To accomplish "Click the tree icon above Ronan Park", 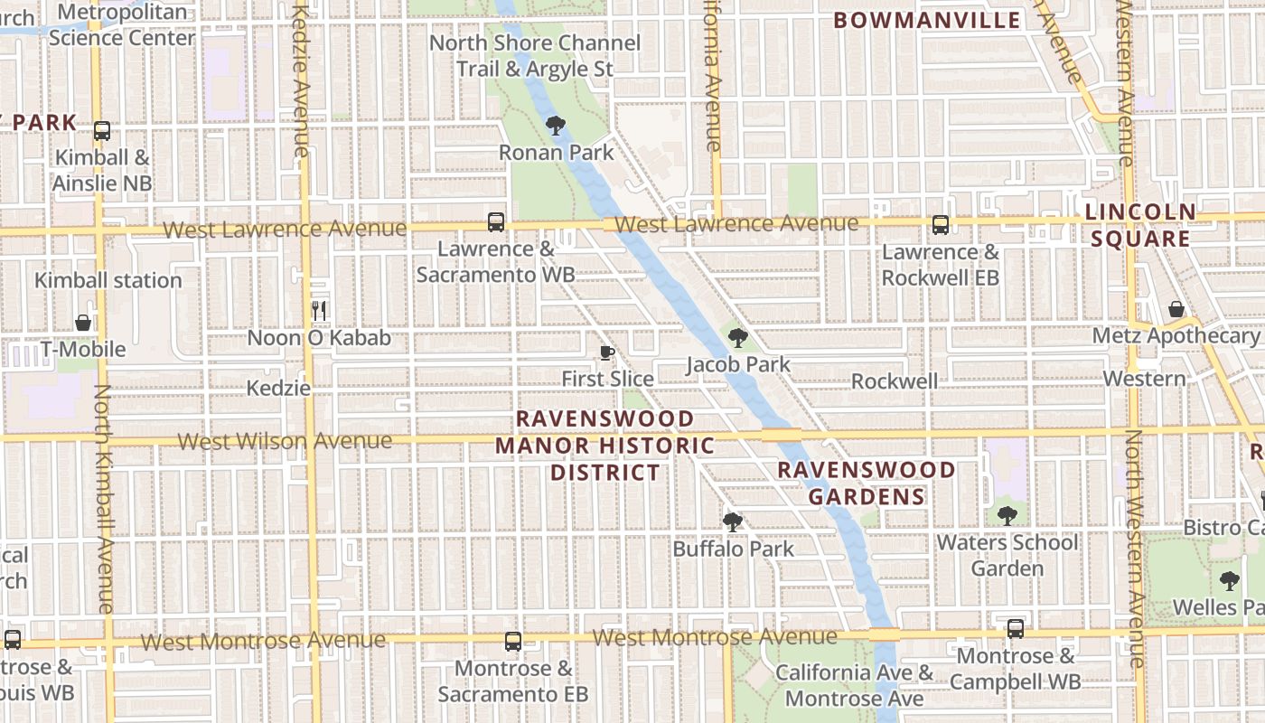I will pyautogui.click(x=556, y=126).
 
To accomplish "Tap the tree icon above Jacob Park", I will pyautogui.click(x=738, y=339).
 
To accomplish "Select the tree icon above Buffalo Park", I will pyautogui.click(x=732, y=522).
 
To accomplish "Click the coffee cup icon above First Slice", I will pyautogui.click(x=607, y=352).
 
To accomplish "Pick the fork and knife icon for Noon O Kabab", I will pyautogui.click(x=319, y=311).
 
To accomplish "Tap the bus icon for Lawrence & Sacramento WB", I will pyautogui.click(x=495, y=222).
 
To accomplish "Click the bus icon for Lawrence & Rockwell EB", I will pyautogui.click(x=941, y=225).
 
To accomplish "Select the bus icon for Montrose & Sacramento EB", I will pyautogui.click(x=513, y=642).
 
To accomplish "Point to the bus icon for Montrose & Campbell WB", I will pyautogui.click(x=1016, y=629).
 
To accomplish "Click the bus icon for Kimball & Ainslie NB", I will pyautogui.click(x=102, y=131).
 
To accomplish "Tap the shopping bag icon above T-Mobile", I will pyautogui.click(x=83, y=323).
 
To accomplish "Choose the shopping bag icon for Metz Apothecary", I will pyautogui.click(x=1176, y=310).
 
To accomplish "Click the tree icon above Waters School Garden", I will pyautogui.click(x=1007, y=516).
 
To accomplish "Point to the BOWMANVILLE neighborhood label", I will pyautogui.click(x=926, y=21).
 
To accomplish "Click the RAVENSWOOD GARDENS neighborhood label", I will pyautogui.click(x=867, y=484).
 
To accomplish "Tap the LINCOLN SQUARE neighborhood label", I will pyautogui.click(x=1139, y=225).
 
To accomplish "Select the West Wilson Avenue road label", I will pyautogui.click(x=285, y=441).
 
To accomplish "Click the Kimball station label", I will pyautogui.click(x=108, y=280).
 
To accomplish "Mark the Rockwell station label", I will pyautogui.click(x=895, y=381).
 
